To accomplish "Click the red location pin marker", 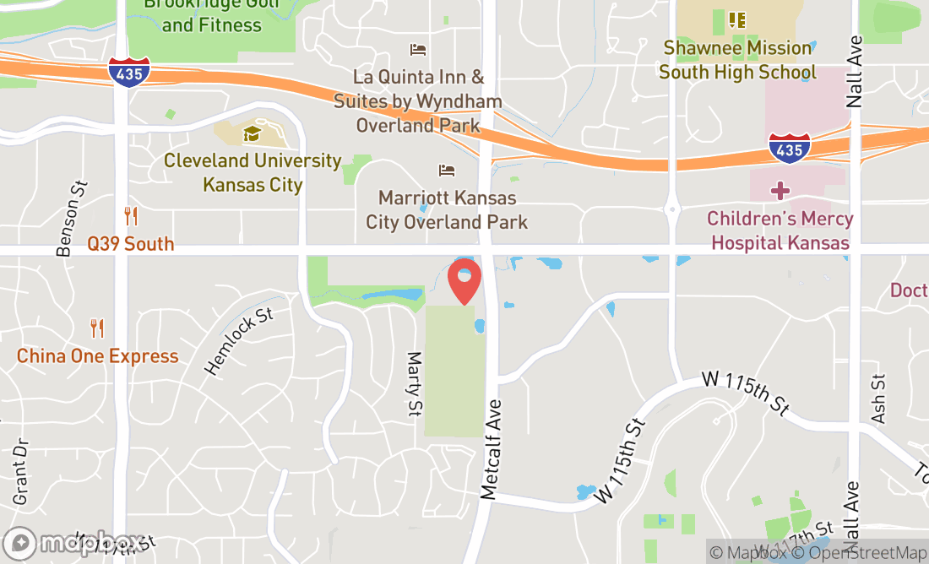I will pos(465,281).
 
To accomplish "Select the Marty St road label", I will pos(414,384).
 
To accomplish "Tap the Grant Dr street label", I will pos(20,471).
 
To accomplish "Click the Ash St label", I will pos(878,399).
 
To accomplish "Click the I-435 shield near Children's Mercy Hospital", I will pos(789,148).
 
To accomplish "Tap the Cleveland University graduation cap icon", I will pos(252,133).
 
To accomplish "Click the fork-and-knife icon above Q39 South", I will pos(131,216).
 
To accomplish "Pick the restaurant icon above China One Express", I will pos(98,328).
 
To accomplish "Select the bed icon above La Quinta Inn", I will pos(418,50).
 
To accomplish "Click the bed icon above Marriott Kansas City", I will pos(447,171).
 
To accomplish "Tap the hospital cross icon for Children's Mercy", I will pos(780,190).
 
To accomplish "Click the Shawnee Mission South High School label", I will pos(737,60).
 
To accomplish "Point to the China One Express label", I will pos(98,356).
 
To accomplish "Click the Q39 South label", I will pos(131,244).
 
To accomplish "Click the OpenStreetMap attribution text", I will pos(867,553).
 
